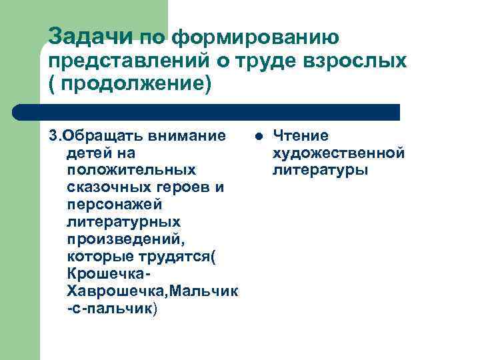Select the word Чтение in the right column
(301, 136)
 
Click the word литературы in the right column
(320, 171)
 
